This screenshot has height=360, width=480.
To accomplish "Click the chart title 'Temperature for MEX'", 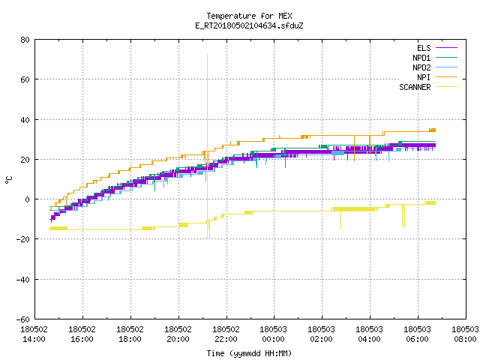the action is [249, 16].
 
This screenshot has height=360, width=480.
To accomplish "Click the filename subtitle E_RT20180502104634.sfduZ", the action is [249, 25].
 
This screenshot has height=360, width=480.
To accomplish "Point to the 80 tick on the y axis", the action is [25, 40].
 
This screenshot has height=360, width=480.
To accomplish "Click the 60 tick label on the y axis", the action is [25, 79].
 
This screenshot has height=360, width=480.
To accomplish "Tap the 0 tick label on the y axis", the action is [28, 199].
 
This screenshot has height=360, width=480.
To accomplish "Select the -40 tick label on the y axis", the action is [23, 280].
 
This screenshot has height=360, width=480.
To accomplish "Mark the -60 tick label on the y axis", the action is [23, 319].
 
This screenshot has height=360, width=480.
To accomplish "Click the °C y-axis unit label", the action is [8, 180].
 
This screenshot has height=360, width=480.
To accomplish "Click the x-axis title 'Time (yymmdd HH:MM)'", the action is [249, 353].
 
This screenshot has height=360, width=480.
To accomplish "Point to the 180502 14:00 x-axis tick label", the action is [34, 334].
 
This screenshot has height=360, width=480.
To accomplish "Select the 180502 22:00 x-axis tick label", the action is [226, 334].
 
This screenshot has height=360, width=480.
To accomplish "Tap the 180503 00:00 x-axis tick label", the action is [273, 334].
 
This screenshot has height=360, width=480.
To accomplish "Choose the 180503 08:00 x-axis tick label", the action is [465, 334].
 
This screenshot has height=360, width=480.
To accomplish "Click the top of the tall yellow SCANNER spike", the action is [207, 55].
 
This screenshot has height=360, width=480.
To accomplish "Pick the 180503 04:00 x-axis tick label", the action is [370, 334].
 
